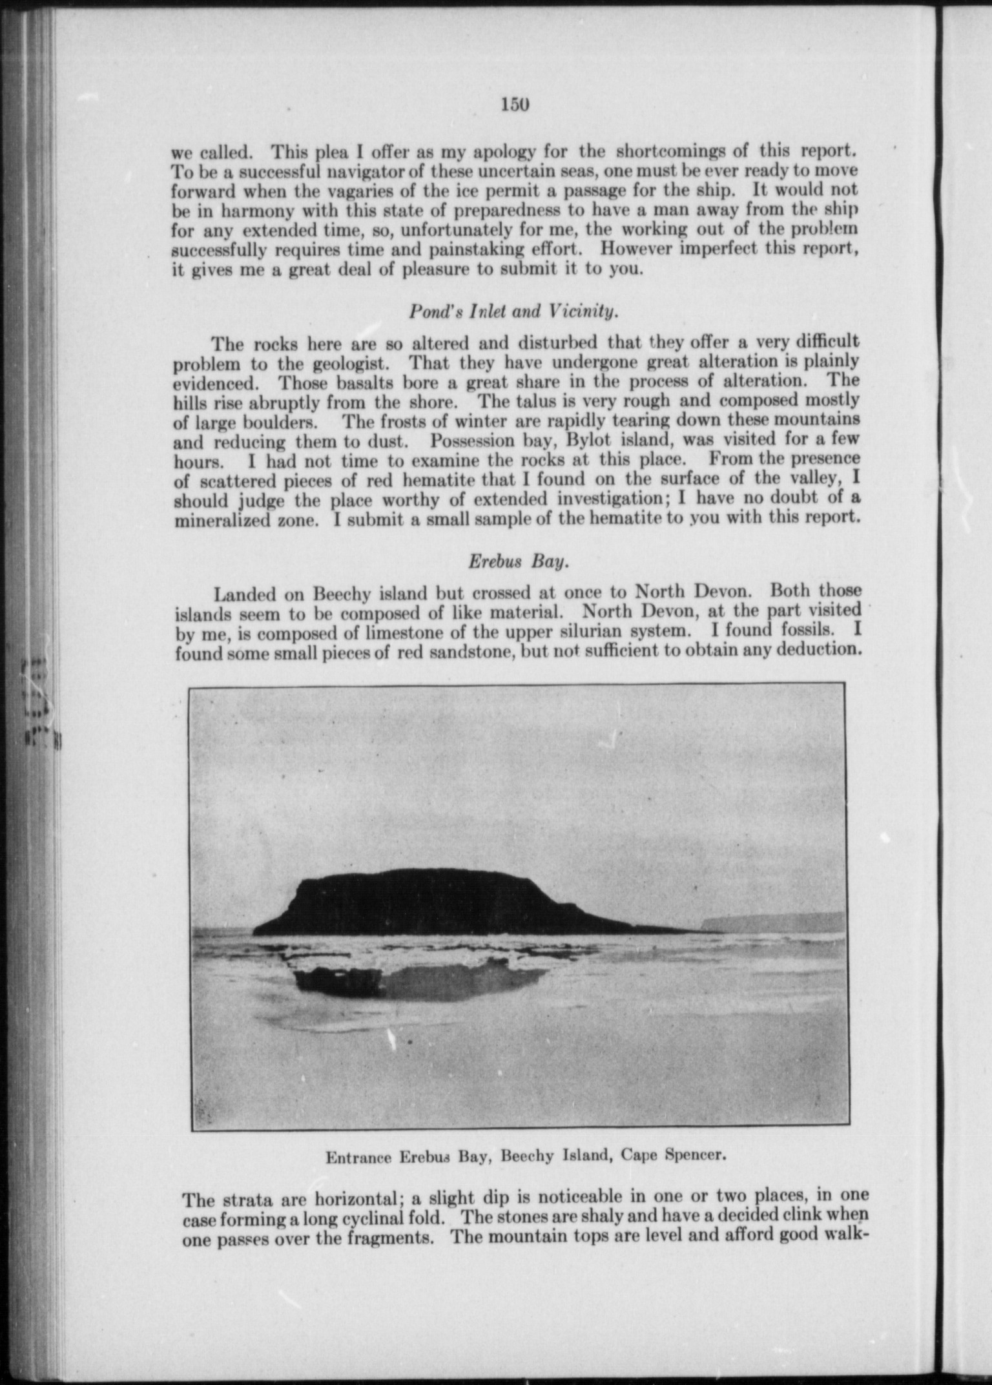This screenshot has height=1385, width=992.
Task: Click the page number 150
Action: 515,104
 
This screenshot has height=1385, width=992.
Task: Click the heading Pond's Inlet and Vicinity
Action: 514,311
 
